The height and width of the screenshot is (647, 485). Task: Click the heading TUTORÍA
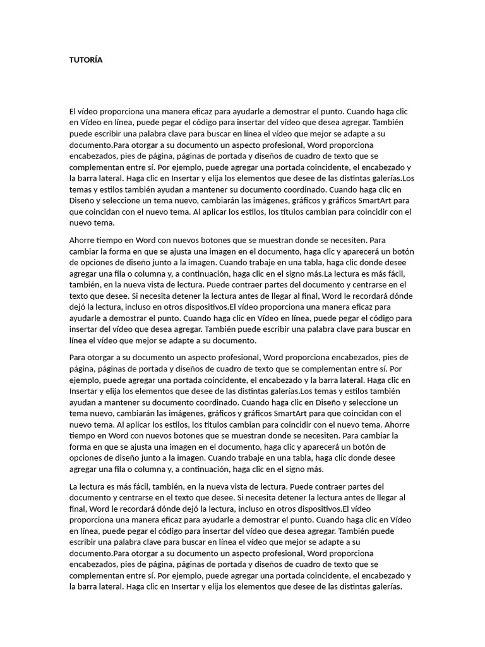point(85,60)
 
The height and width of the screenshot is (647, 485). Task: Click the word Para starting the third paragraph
point(78,357)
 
